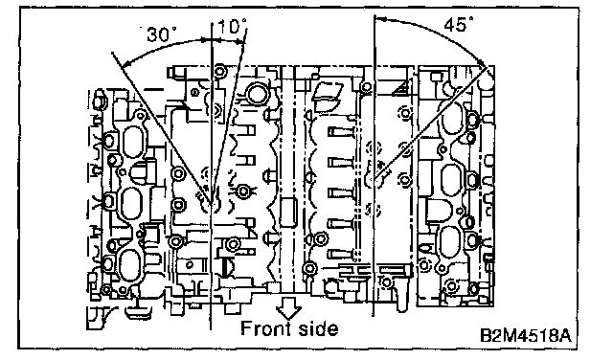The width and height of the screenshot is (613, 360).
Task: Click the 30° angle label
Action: (x=161, y=34)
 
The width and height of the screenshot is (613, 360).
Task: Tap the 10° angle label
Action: (x=232, y=27)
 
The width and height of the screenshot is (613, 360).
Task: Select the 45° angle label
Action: (x=458, y=24)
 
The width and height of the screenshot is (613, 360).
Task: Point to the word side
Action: (x=319, y=328)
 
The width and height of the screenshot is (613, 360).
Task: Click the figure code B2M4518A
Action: (x=525, y=336)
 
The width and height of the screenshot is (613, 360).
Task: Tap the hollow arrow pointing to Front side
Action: (x=289, y=307)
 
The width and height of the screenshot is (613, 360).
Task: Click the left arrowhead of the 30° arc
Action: (x=125, y=62)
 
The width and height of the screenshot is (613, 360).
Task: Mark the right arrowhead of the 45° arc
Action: (x=482, y=62)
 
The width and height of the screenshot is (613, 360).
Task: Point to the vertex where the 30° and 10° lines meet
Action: (x=212, y=204)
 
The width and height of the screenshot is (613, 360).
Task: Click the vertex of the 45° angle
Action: (x=375, y=179)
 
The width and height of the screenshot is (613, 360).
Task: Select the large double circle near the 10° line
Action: (x=257, y=94)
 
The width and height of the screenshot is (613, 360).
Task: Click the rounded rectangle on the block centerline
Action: (x=288, y=213)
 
